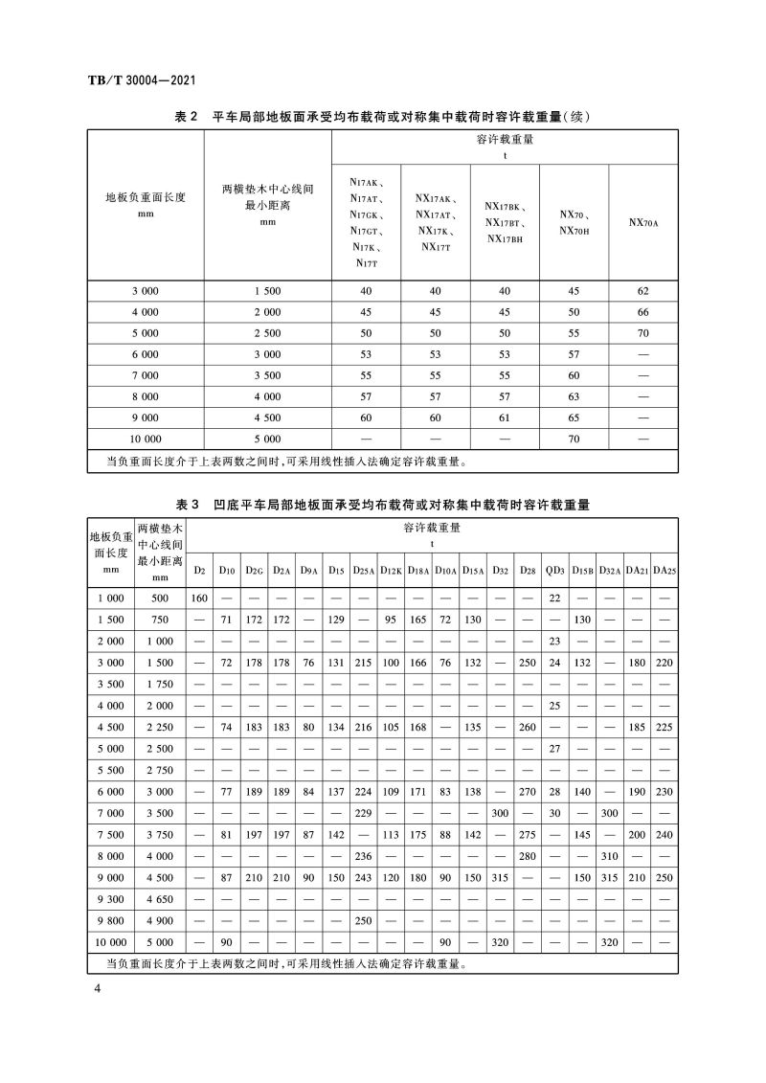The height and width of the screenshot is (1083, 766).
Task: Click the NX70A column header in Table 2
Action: tap(642, 222)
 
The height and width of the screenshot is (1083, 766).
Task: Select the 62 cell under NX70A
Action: tap(642, 290)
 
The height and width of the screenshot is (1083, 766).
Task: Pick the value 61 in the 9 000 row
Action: tap(505, 417)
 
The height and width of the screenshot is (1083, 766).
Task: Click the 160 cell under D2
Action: tap(199, 598)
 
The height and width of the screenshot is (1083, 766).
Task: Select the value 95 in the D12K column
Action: tap(391, 620)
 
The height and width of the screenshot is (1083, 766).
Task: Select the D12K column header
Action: tap(391, 571)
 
